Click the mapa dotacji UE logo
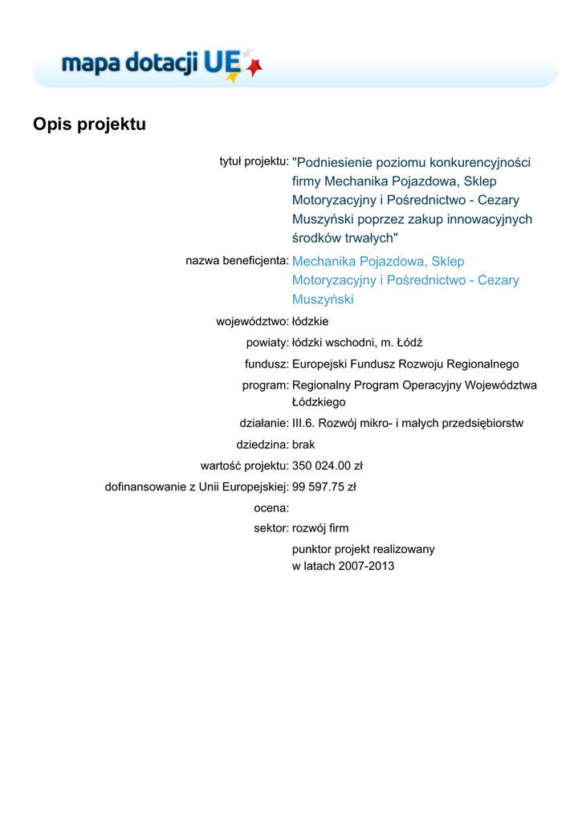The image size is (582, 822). pyautogui.click(x=161, y=64)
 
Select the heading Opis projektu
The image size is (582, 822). pyautogui.click(x=89, y=125)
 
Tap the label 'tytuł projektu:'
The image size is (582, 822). pyautogui.click(x=254, y=161)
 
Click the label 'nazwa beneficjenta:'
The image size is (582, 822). pyautogui.click(x=237, y=261)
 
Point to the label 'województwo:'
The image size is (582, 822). pyautogui.click(x=252, y=321)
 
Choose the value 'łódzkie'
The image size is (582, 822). pyautogui.click(x=310, y=321)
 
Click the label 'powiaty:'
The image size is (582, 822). pyautogui.click(x=267, y=343)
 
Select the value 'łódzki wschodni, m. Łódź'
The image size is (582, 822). pyautogui.click(x=357, y=343)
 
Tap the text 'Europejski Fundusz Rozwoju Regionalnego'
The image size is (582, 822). pyautogui.click(x=405, y=364)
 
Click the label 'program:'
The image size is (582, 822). pyautogui.click(x=265, y=385)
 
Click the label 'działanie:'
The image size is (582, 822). pyautogui.click(x=263, y=423)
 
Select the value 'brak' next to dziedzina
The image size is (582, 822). pyautogui.click(x=303, y=444)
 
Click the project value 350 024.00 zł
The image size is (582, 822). pyautogui.click(x=328, y=465)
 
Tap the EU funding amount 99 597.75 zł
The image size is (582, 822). pyautogui.click(x=324, y=486)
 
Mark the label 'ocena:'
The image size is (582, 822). pyautogui.click(x=271, y=507)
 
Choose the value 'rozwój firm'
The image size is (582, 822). pyautogui.click(x=320, y=528)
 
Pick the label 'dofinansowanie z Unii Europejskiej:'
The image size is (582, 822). pyautogui.click(x=197, y=486)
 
